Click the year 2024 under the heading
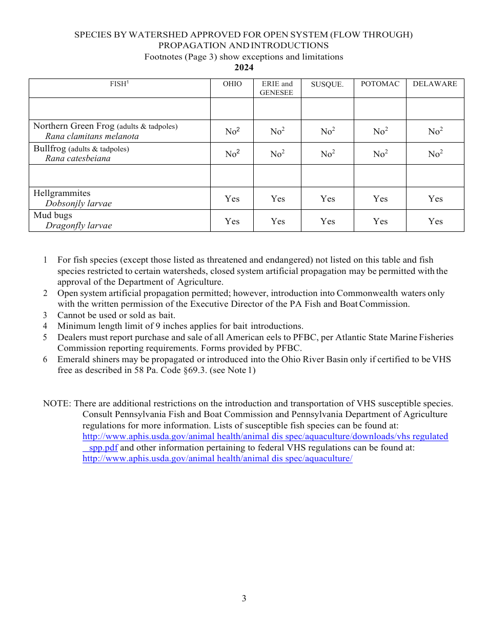[243, 68]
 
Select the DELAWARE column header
[435, 84]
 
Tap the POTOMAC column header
[380, 84]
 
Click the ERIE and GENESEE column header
[277, 88]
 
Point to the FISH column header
[119, 84]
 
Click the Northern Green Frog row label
[74, 126]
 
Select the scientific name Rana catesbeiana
[77, 159]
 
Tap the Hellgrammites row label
[62, 193]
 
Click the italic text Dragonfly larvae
[78, 226]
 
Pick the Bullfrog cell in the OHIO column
[232, 154]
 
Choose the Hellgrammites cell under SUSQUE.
[328, 199]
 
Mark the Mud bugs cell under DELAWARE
[435, 222]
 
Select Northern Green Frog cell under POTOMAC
[380, 132]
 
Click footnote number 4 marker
[45, 326]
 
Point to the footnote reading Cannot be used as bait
[116, 316]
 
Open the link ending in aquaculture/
[217, 459]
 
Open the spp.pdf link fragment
[103, 448]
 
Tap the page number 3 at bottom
[244, 599]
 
